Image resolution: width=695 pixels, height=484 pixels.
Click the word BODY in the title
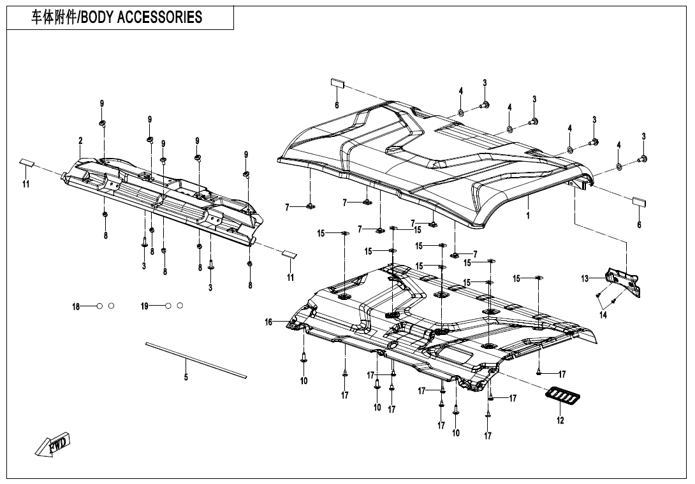(x=99, y=17)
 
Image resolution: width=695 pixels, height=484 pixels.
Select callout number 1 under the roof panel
(x=528, y=215)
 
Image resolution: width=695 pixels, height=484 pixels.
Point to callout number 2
(x=80, y=140)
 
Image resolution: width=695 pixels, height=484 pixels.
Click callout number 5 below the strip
(x=186, y=377)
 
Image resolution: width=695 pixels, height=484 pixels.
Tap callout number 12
(x=560, y=420)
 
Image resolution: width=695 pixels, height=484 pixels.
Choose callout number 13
(x=585, y=278)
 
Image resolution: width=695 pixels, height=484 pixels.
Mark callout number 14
(x=603, y=314)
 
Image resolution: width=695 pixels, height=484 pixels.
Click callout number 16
(x=269, y=322)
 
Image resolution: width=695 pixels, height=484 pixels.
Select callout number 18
(x=76, y=307)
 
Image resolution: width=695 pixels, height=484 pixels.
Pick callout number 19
(x=145, y=306)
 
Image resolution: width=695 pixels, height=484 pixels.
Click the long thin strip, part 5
(x=195, y=360)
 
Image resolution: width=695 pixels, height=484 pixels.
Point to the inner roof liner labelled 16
(x=446, y=318)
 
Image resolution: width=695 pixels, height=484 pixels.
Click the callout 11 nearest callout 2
(x=27, y=184)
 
